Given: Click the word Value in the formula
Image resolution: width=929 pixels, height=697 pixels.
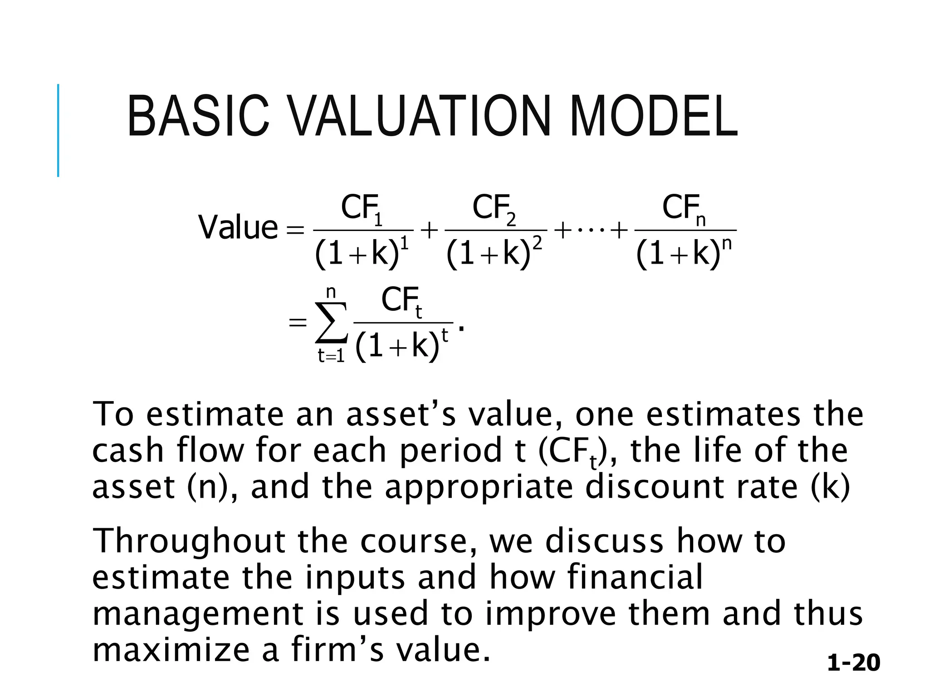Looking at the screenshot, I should point(238,228).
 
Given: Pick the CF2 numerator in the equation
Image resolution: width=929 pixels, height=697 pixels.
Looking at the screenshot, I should point(494,209).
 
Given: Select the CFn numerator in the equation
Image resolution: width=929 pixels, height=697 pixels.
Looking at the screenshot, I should point(684,209).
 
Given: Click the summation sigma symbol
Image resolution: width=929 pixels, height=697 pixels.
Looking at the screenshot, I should point(332,323).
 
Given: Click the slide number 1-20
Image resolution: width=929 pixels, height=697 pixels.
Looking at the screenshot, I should point(853,663).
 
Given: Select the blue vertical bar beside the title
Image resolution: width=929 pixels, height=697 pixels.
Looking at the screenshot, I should point(58,130).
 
